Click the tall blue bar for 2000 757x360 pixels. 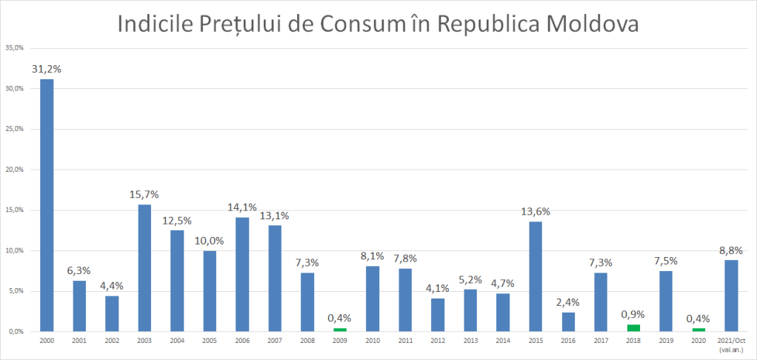point(46,205)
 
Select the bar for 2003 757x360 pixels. point(144,267)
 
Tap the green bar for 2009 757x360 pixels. point(339,330)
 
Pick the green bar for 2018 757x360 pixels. point(633,327)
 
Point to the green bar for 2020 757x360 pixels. point(698,330)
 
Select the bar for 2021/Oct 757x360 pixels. point(731,296)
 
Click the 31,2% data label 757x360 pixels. point(46,69)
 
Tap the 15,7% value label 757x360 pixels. point(144,194)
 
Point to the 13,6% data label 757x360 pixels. point(536,211)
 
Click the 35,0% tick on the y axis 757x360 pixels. point(15,48)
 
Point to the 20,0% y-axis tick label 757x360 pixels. point(15,170)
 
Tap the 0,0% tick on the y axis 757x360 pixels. point(16,332)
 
